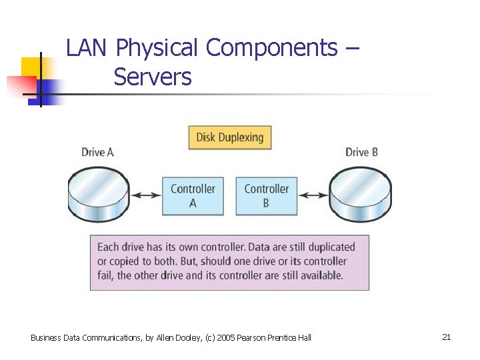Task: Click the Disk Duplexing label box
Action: coord(230,138)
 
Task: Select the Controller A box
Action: coord(193,195)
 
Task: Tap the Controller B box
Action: coord(266,195)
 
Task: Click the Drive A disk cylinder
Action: coord(98,195)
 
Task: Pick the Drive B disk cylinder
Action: coord(361,195)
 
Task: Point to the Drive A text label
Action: coord(97,152)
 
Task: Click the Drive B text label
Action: coord(362,152)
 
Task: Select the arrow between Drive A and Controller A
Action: coord(145,195)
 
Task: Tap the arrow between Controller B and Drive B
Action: coord(313,195)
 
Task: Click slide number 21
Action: coord(446,337)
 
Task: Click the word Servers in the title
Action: coord(153,78)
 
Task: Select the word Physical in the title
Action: coord(157,49)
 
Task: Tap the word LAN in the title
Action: coord(88,48)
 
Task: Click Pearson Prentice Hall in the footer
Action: coord(279,338)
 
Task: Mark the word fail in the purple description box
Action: coord(106,275)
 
